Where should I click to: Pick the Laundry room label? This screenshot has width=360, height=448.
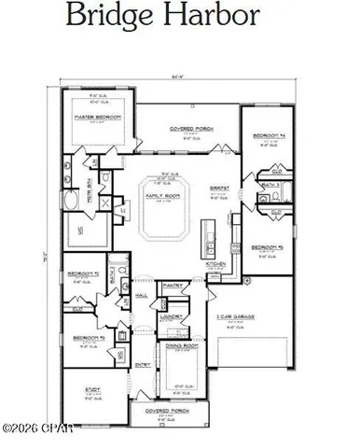tap(172, 316)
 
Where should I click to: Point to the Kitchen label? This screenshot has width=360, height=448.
tap(215, 264)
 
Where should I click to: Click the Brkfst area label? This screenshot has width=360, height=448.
tap(215, 187)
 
